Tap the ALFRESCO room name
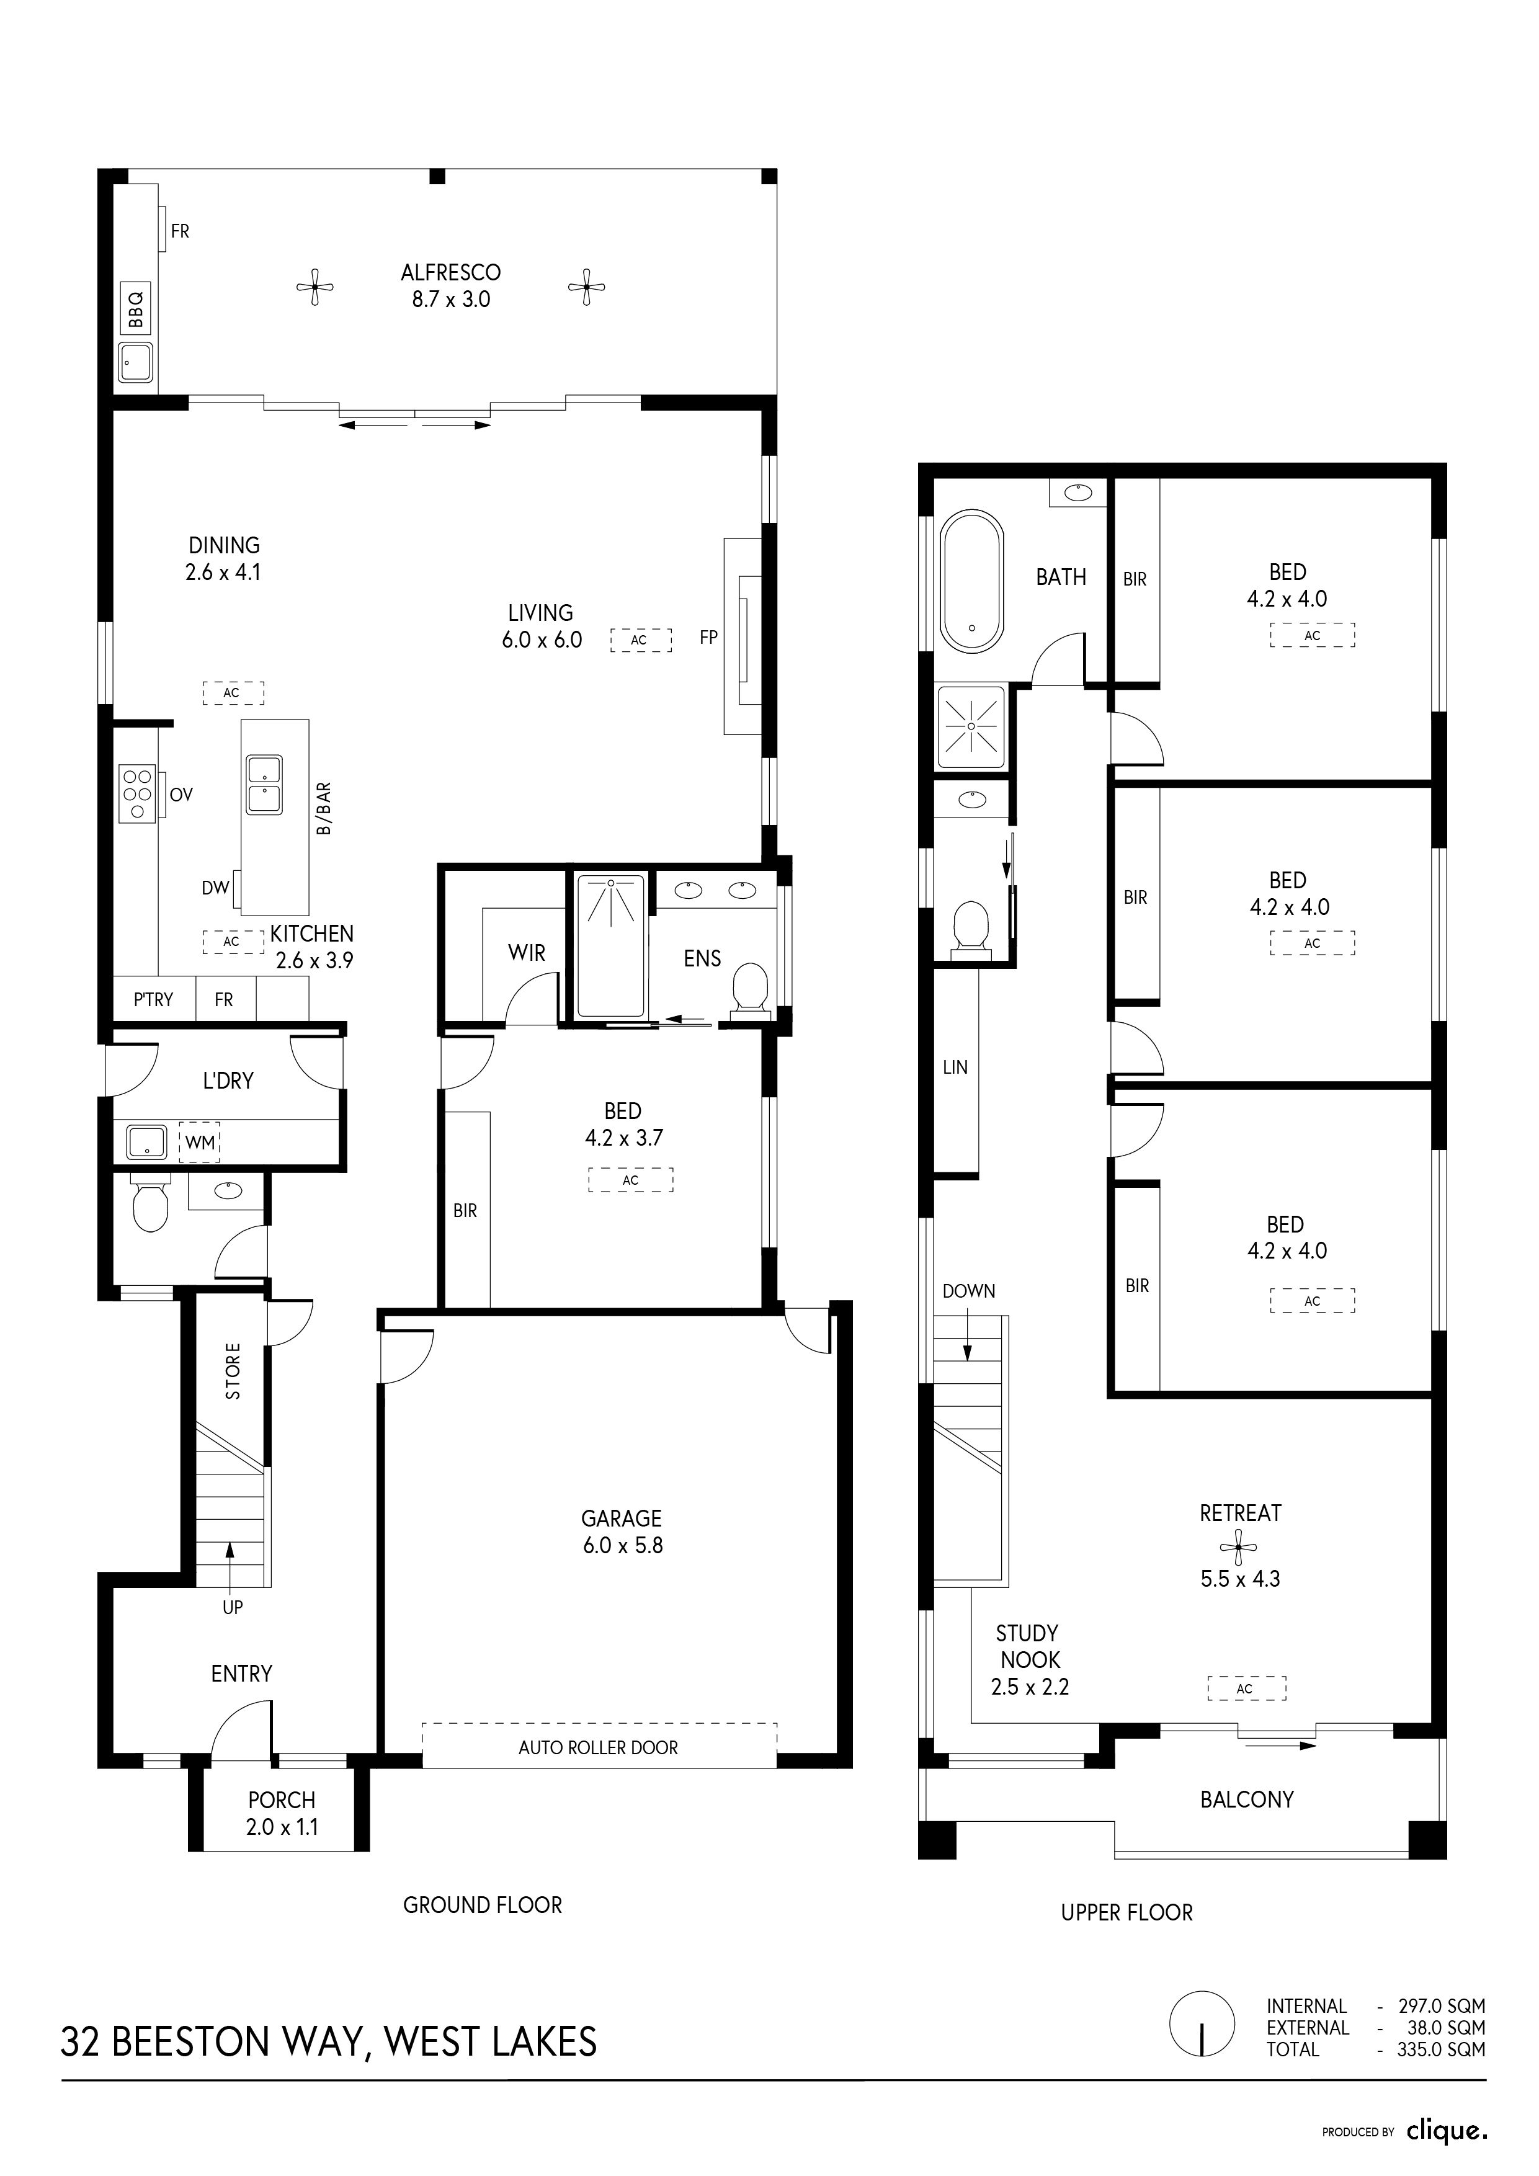click(451, 273)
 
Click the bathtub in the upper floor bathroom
click(971, 582)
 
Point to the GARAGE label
click(622, 1518)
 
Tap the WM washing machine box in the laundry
click(199, 1143)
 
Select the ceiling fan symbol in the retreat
click(1239, 1548)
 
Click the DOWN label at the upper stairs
click(968, 1291)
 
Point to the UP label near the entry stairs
click(232, 1607)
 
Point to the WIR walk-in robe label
click(527, 953)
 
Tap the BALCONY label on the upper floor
click(1246, 1799)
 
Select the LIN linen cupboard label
click(955, 1067)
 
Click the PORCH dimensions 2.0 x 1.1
click(282, 1827)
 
